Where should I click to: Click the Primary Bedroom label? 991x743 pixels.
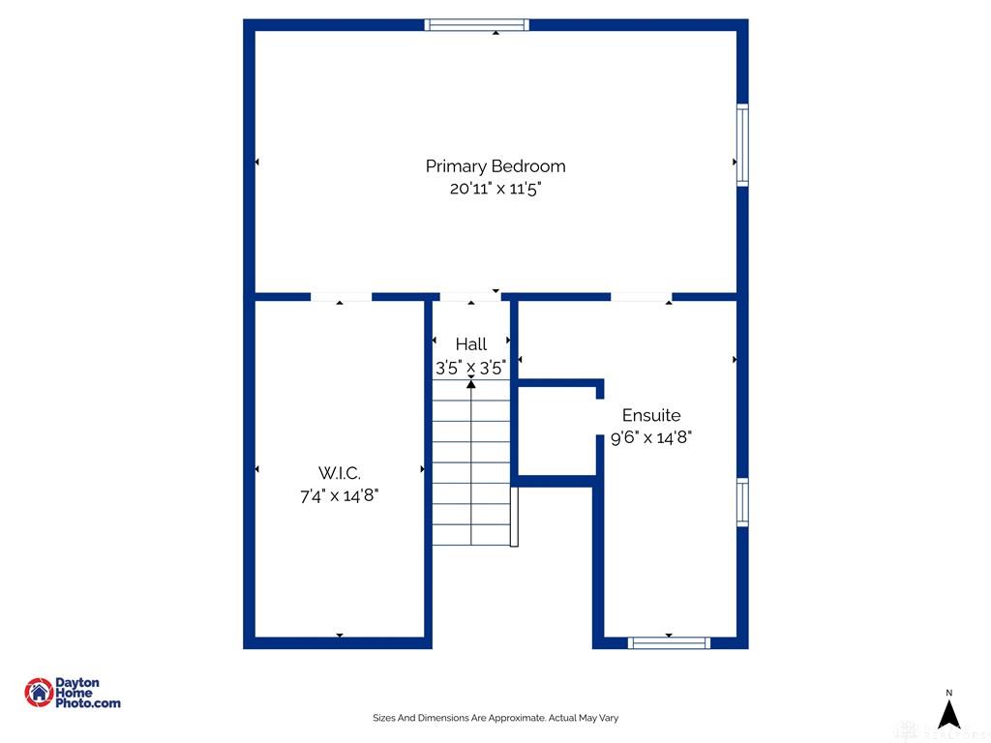coord(495,166)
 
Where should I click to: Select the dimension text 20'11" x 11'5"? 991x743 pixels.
coord(496,189)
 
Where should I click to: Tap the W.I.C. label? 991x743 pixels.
coord(340,473)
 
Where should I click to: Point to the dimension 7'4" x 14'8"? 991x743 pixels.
coord(340,495)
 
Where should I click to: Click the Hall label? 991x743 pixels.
coord(471,344)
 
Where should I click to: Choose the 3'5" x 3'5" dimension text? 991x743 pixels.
coord(471,367)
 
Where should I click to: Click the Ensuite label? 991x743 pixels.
coord(651,415)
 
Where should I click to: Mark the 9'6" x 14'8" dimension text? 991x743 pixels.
coord(651,437)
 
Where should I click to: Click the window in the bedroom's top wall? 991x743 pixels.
coord(476,24)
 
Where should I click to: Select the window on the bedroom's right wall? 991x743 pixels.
coord(742,145)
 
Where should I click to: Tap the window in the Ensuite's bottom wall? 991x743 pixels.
coord(669,643)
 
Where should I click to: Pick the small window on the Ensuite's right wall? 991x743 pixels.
coord(742,502)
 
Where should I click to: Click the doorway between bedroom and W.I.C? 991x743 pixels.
coord(341,297)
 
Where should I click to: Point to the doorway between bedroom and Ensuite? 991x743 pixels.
coord(641,297)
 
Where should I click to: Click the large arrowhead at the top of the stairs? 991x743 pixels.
coord(471,383)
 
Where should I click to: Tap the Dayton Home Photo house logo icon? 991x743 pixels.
coord(39,693)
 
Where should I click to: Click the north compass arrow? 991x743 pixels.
coord(948,715)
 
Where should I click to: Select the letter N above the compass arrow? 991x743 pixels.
coord(948,693)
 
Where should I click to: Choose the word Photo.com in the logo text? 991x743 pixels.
coord(88,703)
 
